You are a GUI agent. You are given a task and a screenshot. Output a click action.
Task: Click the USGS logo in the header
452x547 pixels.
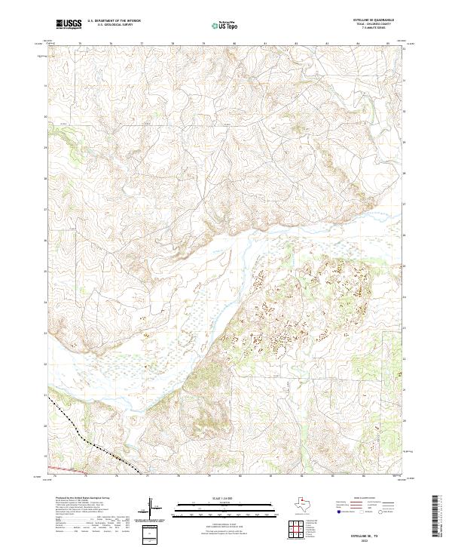69,24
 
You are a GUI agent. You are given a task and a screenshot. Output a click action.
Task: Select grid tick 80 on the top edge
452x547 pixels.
235,45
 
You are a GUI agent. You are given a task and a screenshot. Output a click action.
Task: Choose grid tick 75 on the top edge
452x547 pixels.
81,45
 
